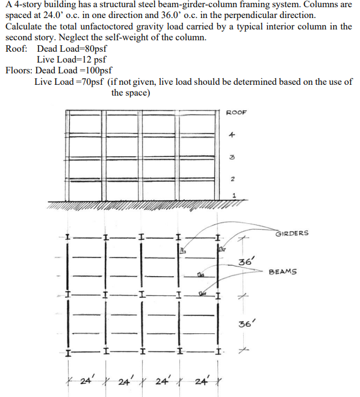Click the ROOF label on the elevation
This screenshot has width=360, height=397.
pyautogui.click(x=236, y=113)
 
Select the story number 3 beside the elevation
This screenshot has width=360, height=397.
pyautogui.click(x=231, y=157)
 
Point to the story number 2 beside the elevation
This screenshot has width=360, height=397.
pyautogui.click(x=231, y=179)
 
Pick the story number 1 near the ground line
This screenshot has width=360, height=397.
pyautogui.click(x=234, y=194)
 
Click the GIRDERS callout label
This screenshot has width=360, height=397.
pyautogui.click(x=292, y=233)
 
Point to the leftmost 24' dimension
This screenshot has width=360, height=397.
pyautogui.click(x=85, y=381)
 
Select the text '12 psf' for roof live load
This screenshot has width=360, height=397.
pyautogui.click(x=93, y=60)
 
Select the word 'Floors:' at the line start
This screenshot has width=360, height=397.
pyautogui.click(x=19, y=70)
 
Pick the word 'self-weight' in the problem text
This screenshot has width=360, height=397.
pyautogui.click(x=131, y=37)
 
